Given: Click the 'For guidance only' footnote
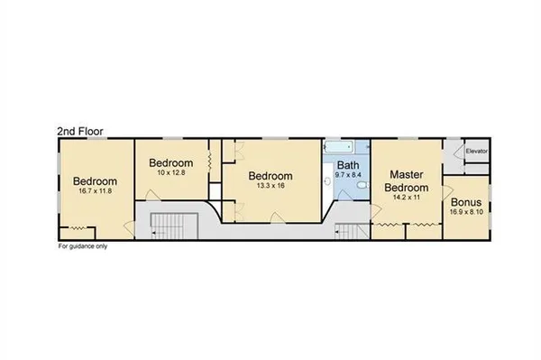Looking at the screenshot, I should click(x=84, y=245).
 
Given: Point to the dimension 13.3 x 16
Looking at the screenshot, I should click(x=270, y=187).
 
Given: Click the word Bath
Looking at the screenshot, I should click(x=348, y=166).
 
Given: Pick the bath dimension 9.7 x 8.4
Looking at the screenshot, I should click(x=347, y=177).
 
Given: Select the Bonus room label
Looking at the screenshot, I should click(x=465, y=203).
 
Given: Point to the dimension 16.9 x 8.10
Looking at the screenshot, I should click(x=465, y=215).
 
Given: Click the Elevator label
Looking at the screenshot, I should click(x=476, y=152).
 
